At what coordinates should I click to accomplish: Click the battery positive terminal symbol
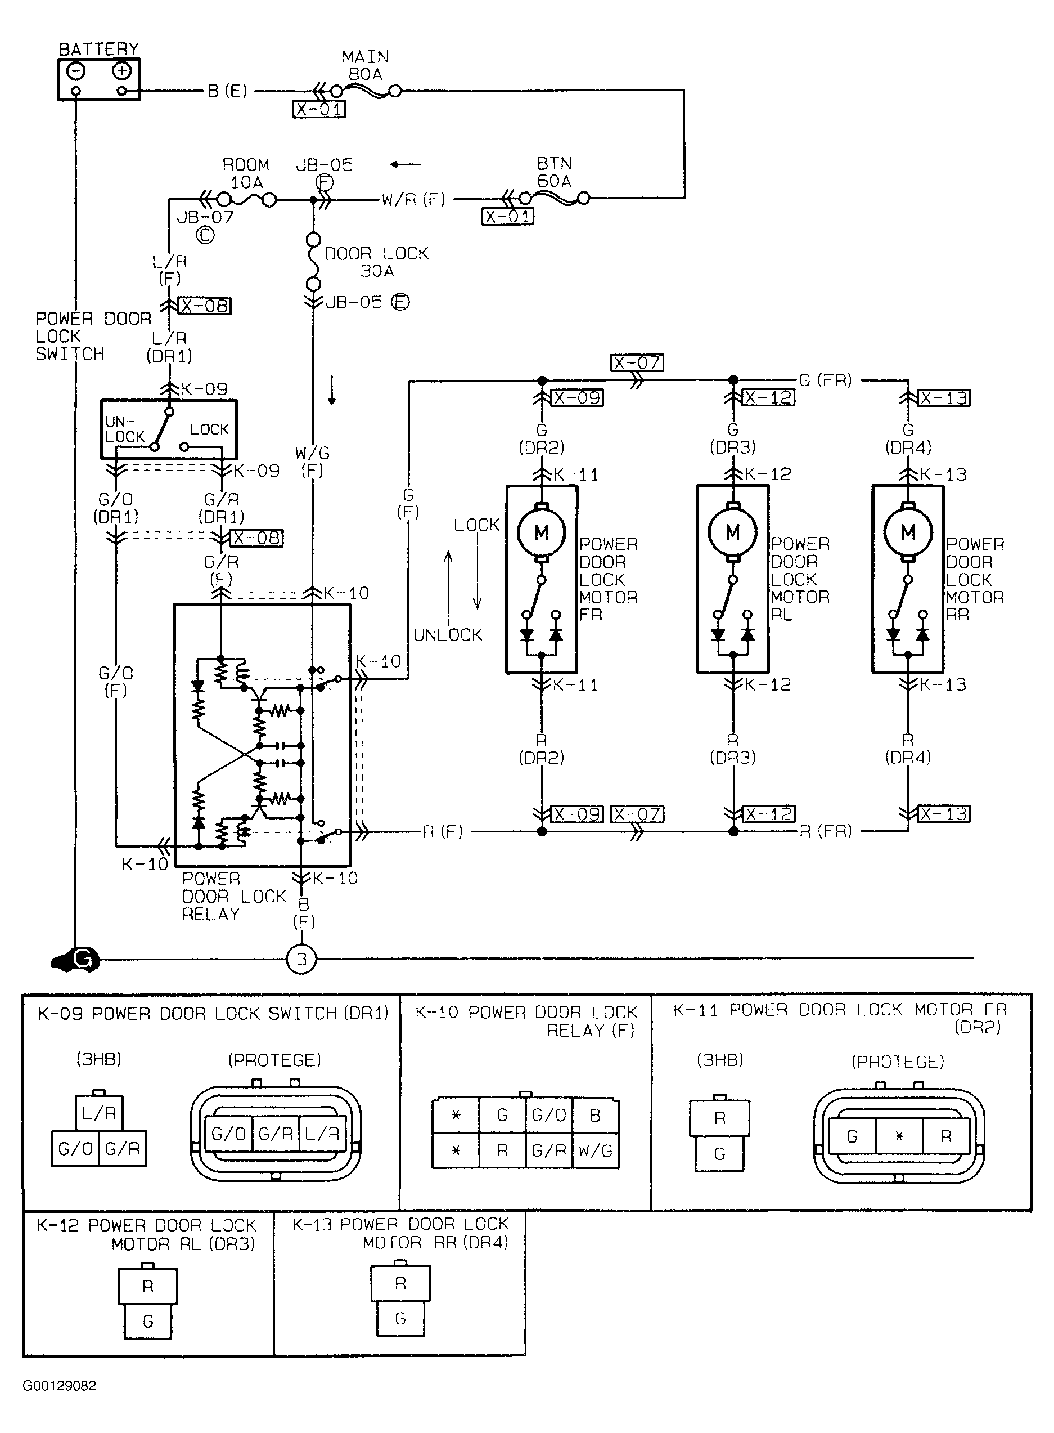(x=122, y=71)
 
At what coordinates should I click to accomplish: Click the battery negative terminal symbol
(x=76, y=71)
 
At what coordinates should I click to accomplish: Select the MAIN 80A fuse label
(x=365, y=66)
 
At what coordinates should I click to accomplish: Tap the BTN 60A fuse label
(x=554, y=172)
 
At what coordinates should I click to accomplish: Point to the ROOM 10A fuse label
(x=246, y=173)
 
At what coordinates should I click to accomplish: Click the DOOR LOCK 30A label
(x=376, y=262)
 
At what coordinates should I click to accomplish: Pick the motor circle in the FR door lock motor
(x=541, y=532)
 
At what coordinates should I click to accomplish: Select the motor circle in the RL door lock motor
(x=732, y=532)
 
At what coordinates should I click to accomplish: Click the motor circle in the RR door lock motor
(x=908, y=532)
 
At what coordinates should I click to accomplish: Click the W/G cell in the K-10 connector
(x=595, y=1151)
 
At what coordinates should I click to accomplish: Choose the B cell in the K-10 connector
(x=595, y=1116)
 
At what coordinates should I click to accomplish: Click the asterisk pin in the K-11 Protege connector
(x=899, y=1137)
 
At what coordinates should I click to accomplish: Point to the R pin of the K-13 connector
(x=400, y=1284)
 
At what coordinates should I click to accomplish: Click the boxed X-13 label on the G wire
(x=944, y=398)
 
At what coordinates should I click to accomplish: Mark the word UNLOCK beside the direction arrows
(x=448, y=635)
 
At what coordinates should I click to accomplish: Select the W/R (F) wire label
(x=413, y=200)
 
